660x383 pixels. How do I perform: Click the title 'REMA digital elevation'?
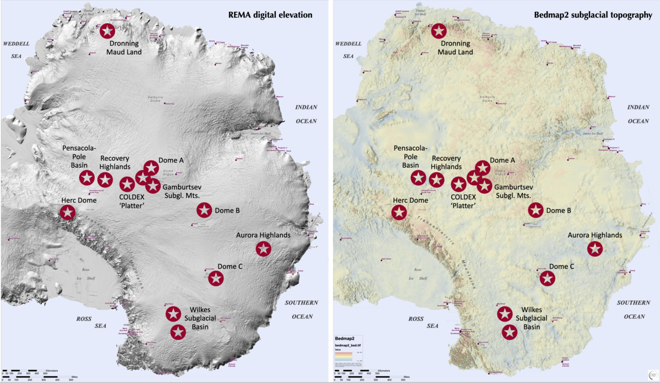click(270, 15)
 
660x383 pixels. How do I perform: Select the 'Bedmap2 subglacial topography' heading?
click(592, 15)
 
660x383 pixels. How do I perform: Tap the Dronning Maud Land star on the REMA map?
click(107, 31)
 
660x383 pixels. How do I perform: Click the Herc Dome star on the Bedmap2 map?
click(399, 212)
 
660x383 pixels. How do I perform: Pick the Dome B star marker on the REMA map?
click(204, 210)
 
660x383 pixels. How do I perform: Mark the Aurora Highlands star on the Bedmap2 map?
click(595, 249)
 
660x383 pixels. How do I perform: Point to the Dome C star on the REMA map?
click(216, 278)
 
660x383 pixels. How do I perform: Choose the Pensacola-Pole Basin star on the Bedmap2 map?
click(418, 178)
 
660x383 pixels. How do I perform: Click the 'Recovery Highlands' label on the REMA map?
click(114, 163)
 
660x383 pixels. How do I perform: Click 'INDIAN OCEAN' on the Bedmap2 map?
click(638, 114)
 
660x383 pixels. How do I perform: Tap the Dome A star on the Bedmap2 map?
click(482, 167)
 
